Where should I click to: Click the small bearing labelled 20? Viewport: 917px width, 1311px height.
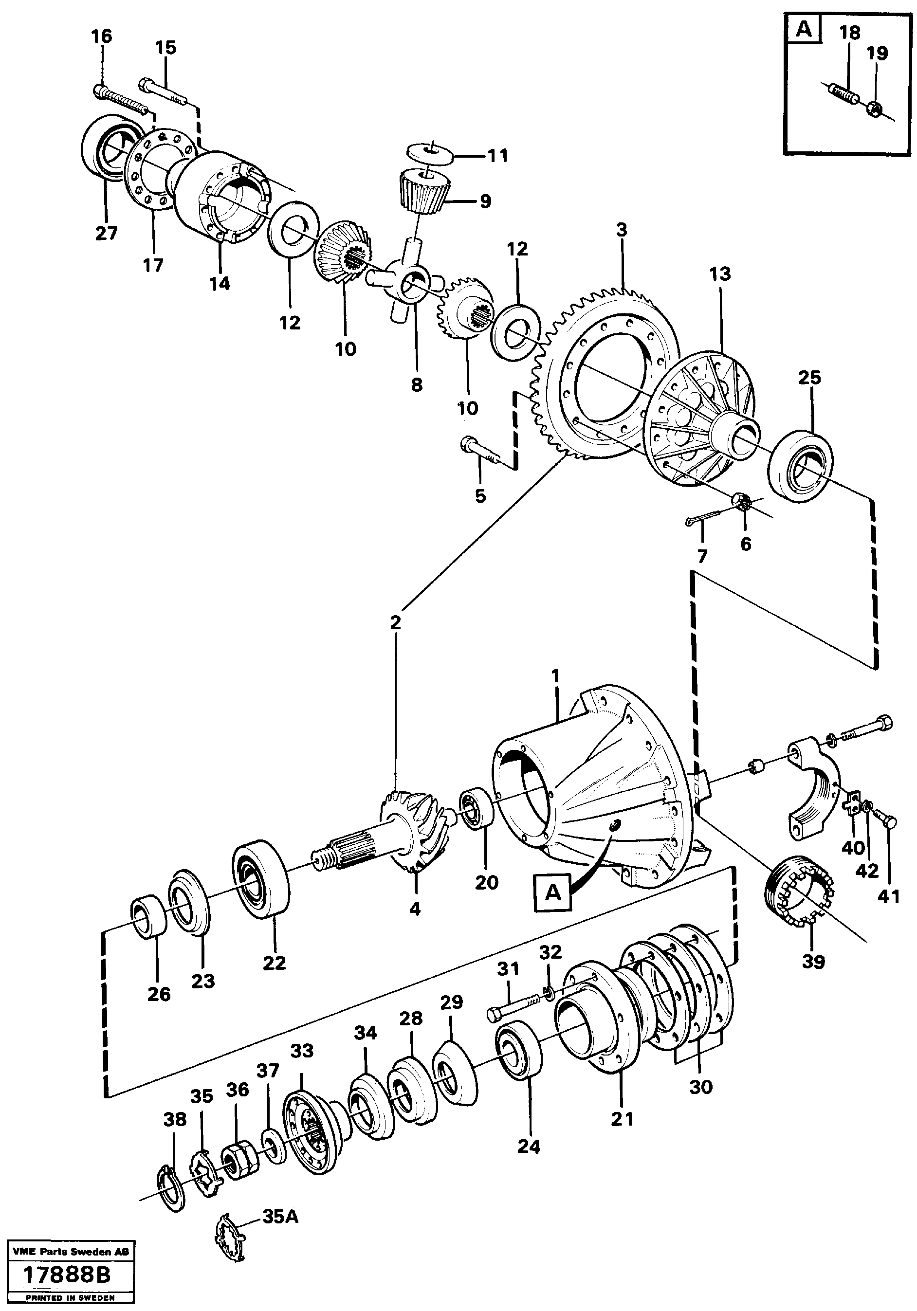(x=478, y=807)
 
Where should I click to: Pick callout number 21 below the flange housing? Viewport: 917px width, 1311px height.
(x=623, y=1119)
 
